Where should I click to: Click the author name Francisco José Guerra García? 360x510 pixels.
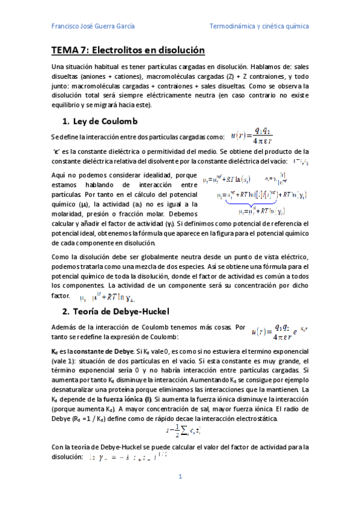[x=93, y=26]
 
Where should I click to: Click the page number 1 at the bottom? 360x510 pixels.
[x=180, y=477]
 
